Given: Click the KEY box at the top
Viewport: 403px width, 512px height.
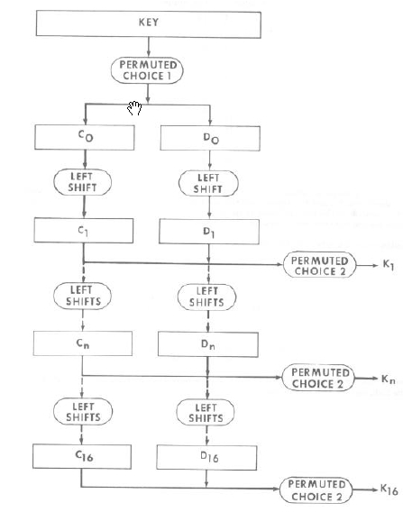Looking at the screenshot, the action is pyautogui.click(x=148, y=23).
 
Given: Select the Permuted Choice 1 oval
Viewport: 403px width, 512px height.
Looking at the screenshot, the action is pyautogui.click(x=147, y=70).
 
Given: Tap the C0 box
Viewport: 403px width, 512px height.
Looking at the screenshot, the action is pyautogui.click(x=85, y=138).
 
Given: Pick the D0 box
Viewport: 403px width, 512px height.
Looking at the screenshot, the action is pyautogui.click(x=210, y=139).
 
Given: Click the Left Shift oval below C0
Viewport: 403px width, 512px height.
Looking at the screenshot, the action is pyautogui.click(x=82, y=182).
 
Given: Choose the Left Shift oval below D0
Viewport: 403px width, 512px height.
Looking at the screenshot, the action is pyautogui.click(x=208, y=184).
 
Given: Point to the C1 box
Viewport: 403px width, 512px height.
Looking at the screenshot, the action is pyautogui.click(x=84, y=231).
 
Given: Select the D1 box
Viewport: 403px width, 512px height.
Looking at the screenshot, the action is pyautogui.click(x=209, y=232).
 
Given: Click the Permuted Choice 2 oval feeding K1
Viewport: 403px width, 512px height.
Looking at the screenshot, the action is pyautogui.click(x=319, y=265).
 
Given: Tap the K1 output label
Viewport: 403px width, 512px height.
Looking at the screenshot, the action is pyautogui.click(x=389, y=265).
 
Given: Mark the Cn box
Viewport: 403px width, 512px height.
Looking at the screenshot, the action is pyautogui.click(x=83, y=343).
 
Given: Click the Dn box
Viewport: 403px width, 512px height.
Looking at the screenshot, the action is pyautogui.click(x=208, y=344).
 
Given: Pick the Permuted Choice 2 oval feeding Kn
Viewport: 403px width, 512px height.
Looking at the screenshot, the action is pyautogui.click(x=318, y=378).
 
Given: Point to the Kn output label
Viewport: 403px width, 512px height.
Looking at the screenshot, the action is pyautogui.click(x=388, y=379).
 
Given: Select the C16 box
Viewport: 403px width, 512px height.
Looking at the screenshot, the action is pyautogui.click(x=82, y=456).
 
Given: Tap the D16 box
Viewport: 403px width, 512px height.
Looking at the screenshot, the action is pyautogui.click(x=206, y=457).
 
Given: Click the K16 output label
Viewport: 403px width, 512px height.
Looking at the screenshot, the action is pyautogui.click(x=389, y=489).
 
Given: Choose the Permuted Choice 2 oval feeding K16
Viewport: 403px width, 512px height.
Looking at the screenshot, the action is pyautogui.click(x=316, y=490).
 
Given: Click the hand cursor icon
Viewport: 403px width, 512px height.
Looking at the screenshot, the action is pyautogui.click(x=134, y=108).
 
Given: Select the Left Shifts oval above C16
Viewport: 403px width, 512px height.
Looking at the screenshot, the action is pyautogui.click(x=83, y=411).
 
